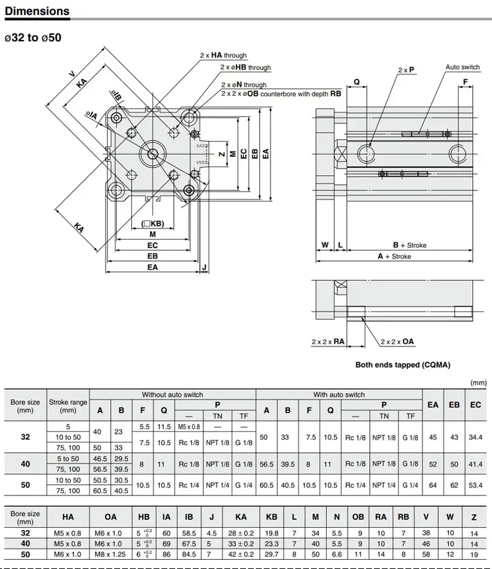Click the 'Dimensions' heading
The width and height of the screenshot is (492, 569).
coord(37,11)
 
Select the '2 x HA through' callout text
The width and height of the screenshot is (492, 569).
coord(223,55)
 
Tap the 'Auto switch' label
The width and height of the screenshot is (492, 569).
coord(462,67)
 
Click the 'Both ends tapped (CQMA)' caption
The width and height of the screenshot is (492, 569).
coord(403,365)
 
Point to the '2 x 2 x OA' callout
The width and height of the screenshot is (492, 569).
coord(397,341)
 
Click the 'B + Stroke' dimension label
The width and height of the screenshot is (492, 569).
coord(409,245)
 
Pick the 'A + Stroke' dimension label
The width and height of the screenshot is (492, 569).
coord(394,256)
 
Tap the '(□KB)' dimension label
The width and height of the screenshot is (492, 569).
coord(153,224)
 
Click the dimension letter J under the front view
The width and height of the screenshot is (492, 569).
coord(204,268)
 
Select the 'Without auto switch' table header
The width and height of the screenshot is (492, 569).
coord(173,394)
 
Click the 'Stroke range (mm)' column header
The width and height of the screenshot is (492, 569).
coord(68,406)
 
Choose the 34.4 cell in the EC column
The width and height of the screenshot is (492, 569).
coord(476,437)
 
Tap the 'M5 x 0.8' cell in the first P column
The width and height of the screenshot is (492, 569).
coord(189,427)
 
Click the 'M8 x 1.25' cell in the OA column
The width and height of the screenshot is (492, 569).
coord(110,554)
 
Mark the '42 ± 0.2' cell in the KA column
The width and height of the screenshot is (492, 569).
coord(241,554)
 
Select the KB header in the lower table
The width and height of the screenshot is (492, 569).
coord(272,516)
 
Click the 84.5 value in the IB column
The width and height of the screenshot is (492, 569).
coord(189,554)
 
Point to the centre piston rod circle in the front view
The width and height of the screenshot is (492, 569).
coord(153,154)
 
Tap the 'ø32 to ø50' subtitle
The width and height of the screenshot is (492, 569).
coord(33,38)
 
